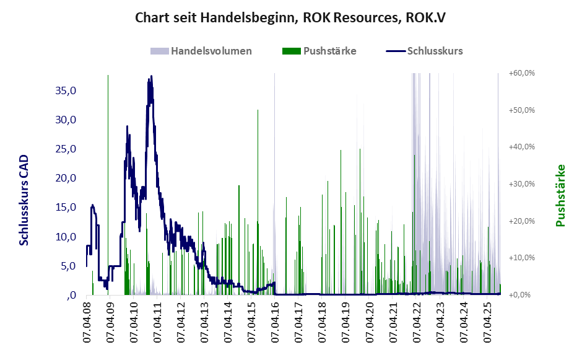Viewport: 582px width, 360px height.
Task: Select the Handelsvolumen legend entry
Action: [x=201, y=51]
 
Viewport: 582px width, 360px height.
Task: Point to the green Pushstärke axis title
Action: [x=561, y=195]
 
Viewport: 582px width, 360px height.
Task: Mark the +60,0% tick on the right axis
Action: [x=521, y=73]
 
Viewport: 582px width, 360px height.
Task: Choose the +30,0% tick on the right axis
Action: [x=521, y=184]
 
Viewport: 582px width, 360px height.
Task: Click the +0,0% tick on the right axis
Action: [x=523, y=295]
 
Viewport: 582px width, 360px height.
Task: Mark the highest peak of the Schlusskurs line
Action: [x=150, y=77]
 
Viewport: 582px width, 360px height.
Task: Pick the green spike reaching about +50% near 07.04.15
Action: [x=258, y=110]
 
